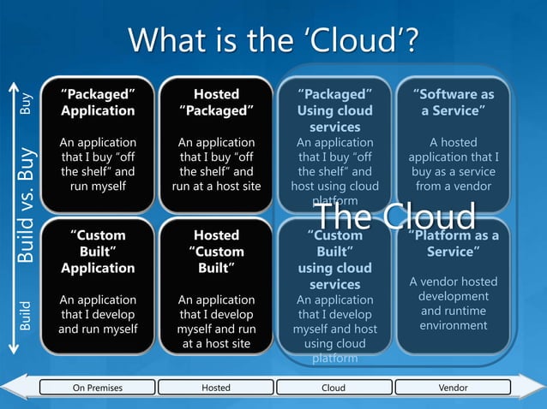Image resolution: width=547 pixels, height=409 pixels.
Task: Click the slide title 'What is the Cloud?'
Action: pyautogui.click(x=273, y=39)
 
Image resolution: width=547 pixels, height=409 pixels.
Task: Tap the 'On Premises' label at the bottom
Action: pyautogui.click(x=98, y=388)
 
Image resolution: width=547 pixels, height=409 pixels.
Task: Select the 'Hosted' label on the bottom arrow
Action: pyautogui.click(x=216, y=388)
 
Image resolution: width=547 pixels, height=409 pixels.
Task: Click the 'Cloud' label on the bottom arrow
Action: pyautogui.click(x=334, y=388)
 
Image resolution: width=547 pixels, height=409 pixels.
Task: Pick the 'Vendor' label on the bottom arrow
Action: pyautogui.click(x=453, y=388)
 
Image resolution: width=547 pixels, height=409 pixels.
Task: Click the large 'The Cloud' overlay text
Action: pyautogui.click(x=394, y=216)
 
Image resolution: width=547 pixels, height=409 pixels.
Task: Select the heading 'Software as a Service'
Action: pyautogui.click(x=453, y=102)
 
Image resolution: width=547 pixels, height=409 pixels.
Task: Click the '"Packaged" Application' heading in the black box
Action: pyautogui.click(x=98, y=102)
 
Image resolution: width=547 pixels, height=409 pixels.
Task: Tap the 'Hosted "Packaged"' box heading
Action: pyautogui.click(x=216, y=102)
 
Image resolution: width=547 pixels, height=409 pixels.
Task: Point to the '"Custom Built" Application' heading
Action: pyautogui.click(x=98, y=252)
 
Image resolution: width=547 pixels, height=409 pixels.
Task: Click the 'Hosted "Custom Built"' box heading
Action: pyautogui.click(x=216, y=252)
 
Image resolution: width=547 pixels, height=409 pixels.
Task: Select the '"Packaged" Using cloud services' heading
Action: pyautogui.click(x=334, y=110)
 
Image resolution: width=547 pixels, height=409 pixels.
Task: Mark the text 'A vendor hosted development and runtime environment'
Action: pyautogui.click(x=453, y=304)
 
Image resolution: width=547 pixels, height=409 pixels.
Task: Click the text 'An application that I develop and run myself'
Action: pyautogui.click(x=98, y=314)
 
